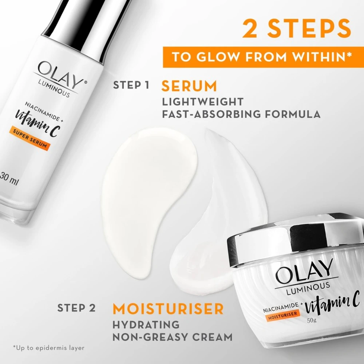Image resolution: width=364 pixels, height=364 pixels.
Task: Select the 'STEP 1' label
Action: click(x=131, y=86)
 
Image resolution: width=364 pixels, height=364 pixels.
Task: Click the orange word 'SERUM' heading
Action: click(x=189, y=86)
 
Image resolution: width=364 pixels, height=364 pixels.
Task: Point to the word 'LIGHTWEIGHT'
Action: click(x=202, y=101)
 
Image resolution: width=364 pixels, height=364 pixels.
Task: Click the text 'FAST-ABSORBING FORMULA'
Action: click(x=241, y=114)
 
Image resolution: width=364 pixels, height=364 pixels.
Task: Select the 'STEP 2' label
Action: click(x=76, y=308)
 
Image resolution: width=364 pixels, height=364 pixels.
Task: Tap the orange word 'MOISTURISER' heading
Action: click(x=168, y=309)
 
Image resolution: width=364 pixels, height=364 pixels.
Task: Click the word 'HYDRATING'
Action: click(x=146, y=324)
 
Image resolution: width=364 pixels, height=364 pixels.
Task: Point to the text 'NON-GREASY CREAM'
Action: click(x=172, y=337)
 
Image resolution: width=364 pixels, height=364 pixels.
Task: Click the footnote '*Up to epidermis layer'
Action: click(x=48, y=348)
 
